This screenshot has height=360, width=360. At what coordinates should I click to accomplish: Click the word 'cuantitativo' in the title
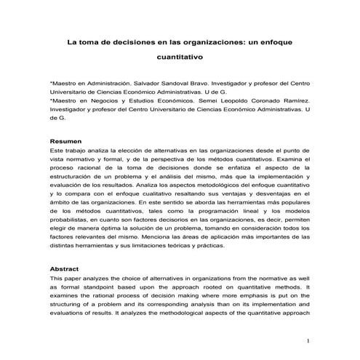point(180,55)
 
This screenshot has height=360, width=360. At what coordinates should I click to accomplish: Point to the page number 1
point(308,340)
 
